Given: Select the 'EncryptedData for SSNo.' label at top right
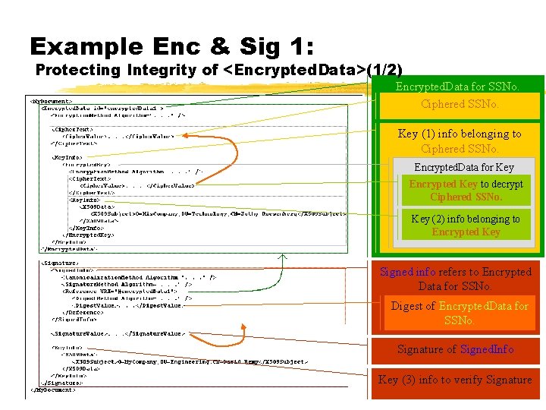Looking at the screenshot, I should coord(458,87).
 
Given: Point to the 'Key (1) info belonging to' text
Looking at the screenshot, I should coord(460,134).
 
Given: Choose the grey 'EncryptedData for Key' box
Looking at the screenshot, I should coord(463,167).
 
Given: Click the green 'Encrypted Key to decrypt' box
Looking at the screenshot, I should coord(466,190).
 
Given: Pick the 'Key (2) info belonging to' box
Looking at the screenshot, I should coord(466,225).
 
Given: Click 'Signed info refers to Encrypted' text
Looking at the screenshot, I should coord(456,272).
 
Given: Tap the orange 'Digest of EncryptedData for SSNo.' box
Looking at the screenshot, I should coord(459,313).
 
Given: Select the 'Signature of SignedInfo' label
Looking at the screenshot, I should coord(456,349).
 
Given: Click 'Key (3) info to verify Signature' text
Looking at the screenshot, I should coord(455,380).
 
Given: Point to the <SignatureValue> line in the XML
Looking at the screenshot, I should coord(117,333).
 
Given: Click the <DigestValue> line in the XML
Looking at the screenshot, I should coord(124,305).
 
